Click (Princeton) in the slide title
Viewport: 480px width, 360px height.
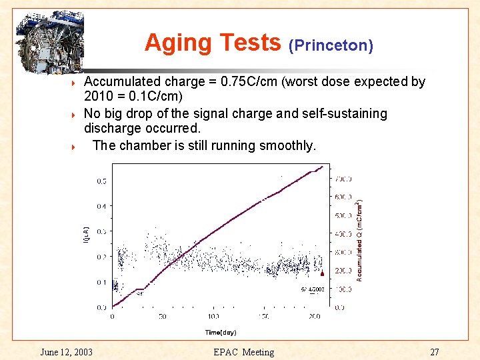click(x=331, y=45)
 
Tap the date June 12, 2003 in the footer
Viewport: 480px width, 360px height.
click(x=66, y=352)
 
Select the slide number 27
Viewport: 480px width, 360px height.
click(x=434, y=352)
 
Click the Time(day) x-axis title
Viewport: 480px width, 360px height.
click(x=220, y=332)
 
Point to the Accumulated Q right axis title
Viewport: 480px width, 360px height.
click(x=360, y=240)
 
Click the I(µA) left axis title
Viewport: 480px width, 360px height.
click(x=85, y=234)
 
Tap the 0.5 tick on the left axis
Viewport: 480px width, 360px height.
click(x=101, y=181)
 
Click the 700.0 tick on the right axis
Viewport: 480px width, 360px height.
click(x=343, y=179)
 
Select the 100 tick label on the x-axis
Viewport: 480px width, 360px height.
click(x=213, y=316)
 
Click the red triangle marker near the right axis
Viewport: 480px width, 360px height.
click(x=323, y=273)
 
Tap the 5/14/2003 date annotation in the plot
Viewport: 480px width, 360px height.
click(x=313, y=289)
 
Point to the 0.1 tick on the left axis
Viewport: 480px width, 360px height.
click(x=101, y=282)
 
